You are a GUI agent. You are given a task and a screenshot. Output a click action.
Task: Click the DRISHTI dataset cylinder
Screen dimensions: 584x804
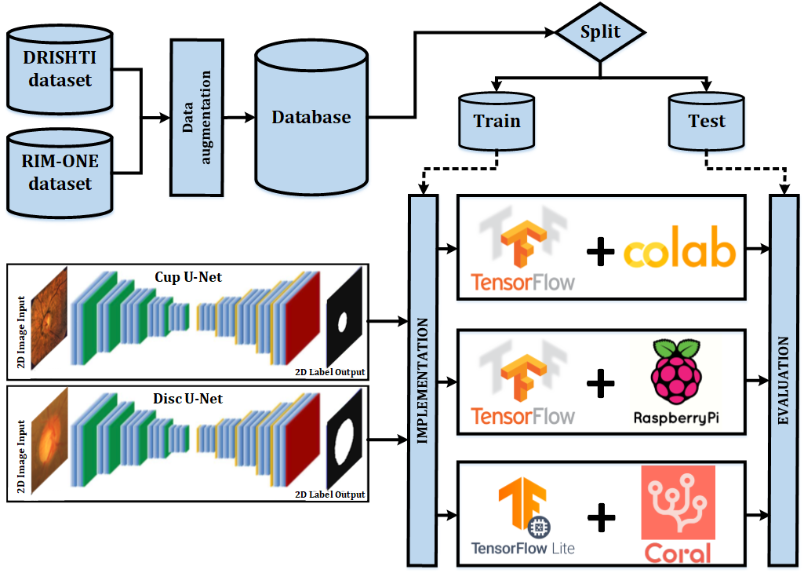(x=60, y=71)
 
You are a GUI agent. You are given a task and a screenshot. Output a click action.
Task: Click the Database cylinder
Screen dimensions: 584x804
(x=311, y=118)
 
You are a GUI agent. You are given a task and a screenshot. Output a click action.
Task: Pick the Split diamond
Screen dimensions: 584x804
(x=600, y=33)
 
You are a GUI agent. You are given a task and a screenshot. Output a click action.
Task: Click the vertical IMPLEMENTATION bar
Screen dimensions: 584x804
(x=423, y=381)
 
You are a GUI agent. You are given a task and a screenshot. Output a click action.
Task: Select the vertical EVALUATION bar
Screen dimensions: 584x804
(x=783, y=381)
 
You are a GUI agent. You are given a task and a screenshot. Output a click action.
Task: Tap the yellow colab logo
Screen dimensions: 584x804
(x=680, y=251)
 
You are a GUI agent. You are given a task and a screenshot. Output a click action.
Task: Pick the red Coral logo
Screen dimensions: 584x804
(x=678, y=514)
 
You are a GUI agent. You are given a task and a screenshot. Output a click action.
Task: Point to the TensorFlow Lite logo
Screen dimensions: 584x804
(x=522, y=518)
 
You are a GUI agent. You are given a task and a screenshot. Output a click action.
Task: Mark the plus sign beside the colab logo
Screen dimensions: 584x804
(x=600, y=253)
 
